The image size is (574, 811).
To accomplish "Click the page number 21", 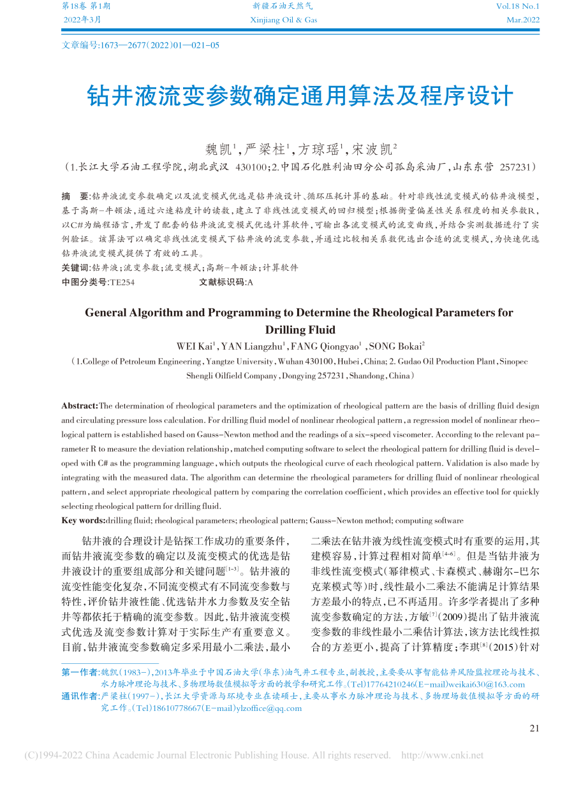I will (534, 728).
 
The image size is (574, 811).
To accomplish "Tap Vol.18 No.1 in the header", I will (517, 6).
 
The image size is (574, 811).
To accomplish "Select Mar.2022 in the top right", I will (522, 20).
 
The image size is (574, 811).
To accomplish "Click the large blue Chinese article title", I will (299, 96).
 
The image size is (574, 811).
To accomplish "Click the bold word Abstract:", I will (80, 406).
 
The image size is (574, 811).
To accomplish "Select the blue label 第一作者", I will (80, 673).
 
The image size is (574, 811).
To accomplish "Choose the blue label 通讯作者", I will (80, 696).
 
